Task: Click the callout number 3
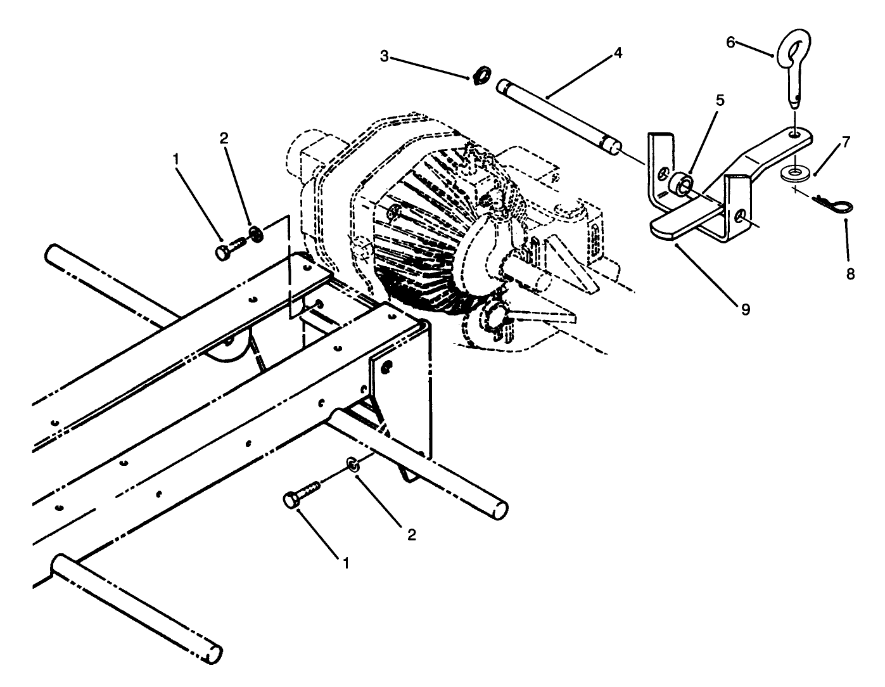384,56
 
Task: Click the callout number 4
618,53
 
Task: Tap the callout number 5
720,101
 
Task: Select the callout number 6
730,42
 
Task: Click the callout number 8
850,274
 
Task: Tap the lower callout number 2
411,535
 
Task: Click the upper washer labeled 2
256,233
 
